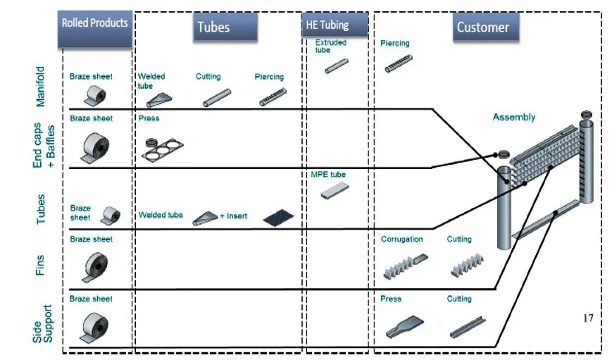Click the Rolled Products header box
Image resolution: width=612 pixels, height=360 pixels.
(x=95, y=23)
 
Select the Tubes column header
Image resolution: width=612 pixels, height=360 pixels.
(x=213, y=27)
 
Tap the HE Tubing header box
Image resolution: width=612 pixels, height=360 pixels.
(x=335, y=25)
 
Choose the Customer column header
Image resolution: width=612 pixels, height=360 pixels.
(x=482, y=27)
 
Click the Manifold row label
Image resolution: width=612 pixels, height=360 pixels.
(x=40, y=86)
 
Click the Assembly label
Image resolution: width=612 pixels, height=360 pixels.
(x=513, y=118)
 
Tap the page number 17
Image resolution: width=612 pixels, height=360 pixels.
(x=588, y=318)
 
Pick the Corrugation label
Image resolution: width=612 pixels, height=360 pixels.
(x=401, y=240)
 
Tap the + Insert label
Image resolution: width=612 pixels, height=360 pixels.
(x=233, y=216)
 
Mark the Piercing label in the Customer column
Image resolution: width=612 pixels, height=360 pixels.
(x=394, y=43)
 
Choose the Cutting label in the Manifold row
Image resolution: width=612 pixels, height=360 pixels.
(x=208, y=77)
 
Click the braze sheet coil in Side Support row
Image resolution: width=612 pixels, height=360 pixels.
(x=92, y=325)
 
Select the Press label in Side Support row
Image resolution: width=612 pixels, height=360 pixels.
(x=390, y=299)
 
